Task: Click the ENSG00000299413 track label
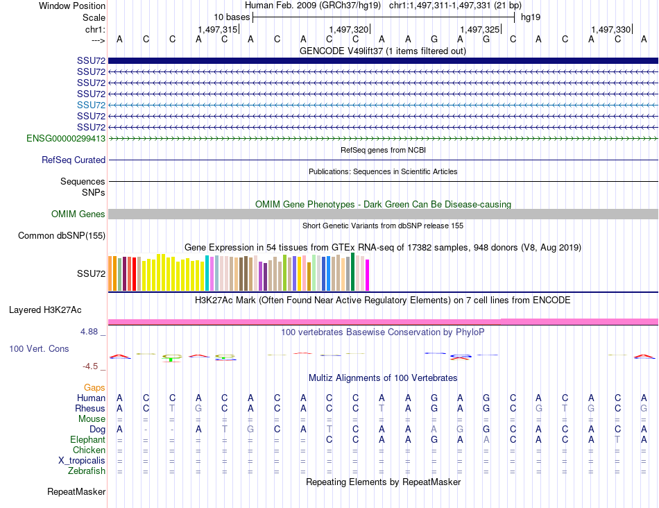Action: [66, 138]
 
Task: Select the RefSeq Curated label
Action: [74, 160]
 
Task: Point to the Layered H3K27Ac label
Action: [45, 310]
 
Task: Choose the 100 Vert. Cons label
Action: [39, 348]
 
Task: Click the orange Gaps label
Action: [95, 387]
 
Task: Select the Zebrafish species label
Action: [88, 471]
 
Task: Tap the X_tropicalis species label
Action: [82, 460]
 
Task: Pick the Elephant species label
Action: [88, 439]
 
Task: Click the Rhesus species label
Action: [90, 408]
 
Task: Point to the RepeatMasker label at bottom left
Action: [76, 492]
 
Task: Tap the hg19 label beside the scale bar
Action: [531, 16]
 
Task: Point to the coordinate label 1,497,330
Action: [611, 30]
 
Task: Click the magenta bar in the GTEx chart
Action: [367, 275]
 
